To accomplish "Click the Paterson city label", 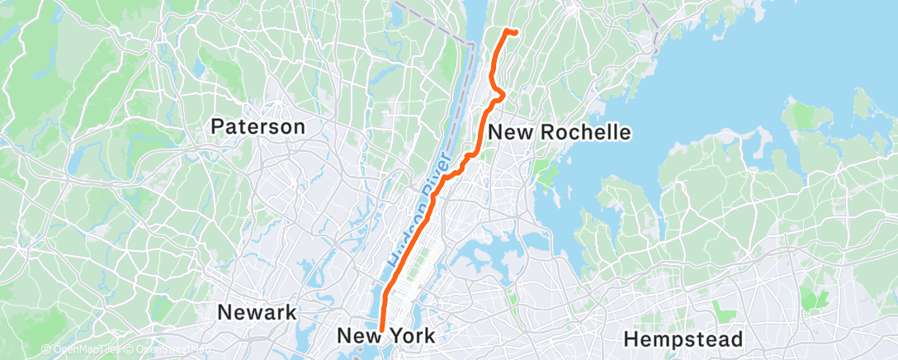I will point(258,126).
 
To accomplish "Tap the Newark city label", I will point(257,312).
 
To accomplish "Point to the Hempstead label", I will point(683,339).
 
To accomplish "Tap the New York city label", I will point(385,336).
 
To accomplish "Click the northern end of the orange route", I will point(516,32).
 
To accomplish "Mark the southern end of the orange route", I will point(381,329).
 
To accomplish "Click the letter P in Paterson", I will point(216,126).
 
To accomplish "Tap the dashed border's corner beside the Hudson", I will point(471,44).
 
